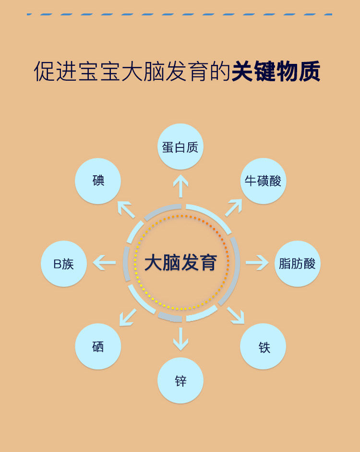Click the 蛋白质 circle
(180, 147)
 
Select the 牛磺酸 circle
(263, 181)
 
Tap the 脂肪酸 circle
(297, 263)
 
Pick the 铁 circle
(263, 346)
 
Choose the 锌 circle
(180, 380)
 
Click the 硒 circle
(98, 346)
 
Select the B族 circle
(64, 264)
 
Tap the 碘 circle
(98, 181)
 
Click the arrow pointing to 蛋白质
(180, 186)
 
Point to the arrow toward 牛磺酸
(234, 208)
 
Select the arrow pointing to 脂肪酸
(257, 263)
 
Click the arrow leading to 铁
(236, 315)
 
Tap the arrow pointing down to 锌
(180, 339)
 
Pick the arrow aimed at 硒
(127, 317)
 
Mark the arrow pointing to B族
(105, 263)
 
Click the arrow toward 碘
(126, 209)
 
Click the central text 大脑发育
(181, 263)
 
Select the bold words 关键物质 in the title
(276, 72)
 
